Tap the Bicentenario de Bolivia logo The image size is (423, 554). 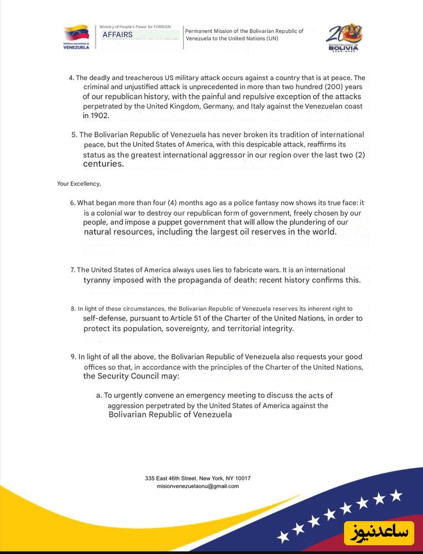coord(344,37)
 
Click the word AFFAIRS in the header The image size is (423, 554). coord(117,34)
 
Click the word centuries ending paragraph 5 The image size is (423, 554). coord(103,164)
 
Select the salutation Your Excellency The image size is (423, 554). coord(79,183)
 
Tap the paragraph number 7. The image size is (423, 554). coord(73,270)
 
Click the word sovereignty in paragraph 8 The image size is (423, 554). coord(187,328)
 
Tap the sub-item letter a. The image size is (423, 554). coord(98,395)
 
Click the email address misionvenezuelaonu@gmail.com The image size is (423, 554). coord(198,486)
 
